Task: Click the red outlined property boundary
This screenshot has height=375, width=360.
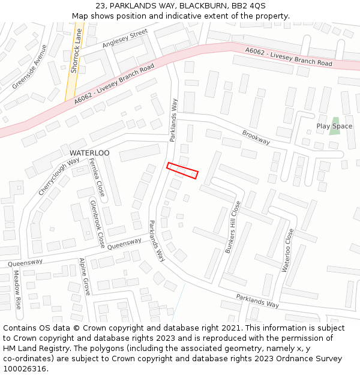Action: coord(182,170)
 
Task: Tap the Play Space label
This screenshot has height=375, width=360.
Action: coord(334,126)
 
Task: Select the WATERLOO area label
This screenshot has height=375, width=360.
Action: coord(89,153)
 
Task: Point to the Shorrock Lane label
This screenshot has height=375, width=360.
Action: coord(74,50)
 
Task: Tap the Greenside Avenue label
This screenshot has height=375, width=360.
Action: coord(29,67)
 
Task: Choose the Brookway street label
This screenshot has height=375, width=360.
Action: coord(256,137)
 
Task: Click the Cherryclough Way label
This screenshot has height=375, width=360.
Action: coord(59,176)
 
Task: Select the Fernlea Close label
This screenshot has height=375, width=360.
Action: coord(97,178)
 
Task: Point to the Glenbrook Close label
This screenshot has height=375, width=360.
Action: coord(97,224)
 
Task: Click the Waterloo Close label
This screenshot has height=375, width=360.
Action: coord(287,250)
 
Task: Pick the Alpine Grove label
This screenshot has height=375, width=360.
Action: coord(85,277)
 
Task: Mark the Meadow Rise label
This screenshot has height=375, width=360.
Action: coord(17,290)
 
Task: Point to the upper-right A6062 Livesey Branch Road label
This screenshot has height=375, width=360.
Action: coord(289,57)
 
